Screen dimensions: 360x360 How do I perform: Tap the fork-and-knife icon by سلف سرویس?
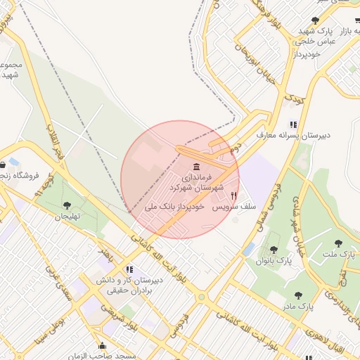click(x=234, y=195)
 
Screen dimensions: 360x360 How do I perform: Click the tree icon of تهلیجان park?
click(x=67, y=205)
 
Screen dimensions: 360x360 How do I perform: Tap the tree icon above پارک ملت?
click(x=338, y=243)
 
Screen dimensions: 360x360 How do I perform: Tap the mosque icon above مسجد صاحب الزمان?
click(x=103, y=346)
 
